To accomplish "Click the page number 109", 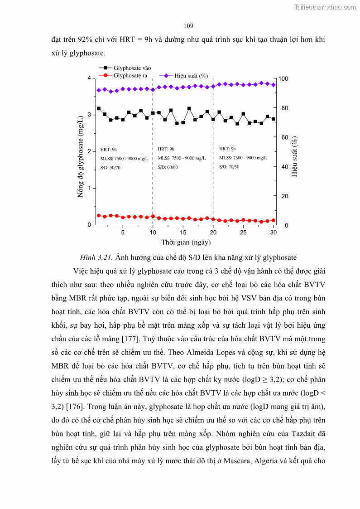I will click(189, 26).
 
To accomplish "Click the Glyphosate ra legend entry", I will click(130, 75).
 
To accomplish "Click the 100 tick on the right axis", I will click(283, 78).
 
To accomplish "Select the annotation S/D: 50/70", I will click(110, 168).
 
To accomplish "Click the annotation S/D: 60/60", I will click(168, 167).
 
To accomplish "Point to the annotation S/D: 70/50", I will click(229, 167).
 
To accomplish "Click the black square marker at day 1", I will click(99, 108).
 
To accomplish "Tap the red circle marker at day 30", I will click(274, 220).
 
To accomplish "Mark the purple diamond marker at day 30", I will click(274, 85).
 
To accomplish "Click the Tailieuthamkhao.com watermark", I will click(325, 7).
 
